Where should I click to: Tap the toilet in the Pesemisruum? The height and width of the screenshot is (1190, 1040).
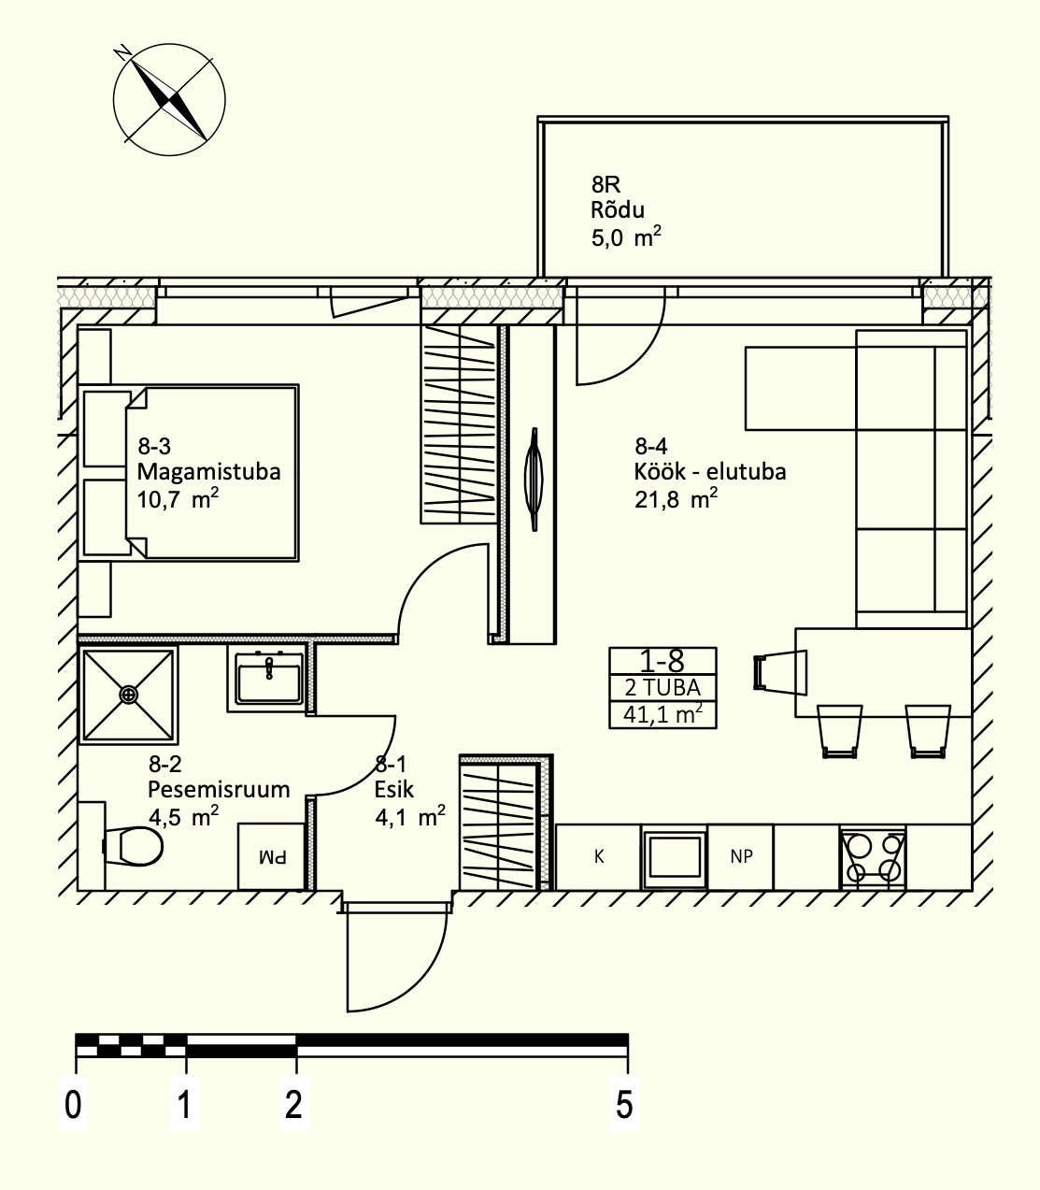tap(133, 846)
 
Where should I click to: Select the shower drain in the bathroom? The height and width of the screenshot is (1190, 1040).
tap(128, 695)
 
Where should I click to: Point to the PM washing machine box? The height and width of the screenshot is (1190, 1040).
tap(272, 856)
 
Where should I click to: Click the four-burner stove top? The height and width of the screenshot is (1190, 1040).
tap(873, 857)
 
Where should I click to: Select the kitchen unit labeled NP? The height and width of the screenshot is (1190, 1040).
tap(741, 856)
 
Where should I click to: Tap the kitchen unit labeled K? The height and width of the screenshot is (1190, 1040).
tap(599, 856)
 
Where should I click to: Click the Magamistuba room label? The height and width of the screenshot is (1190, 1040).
tap(208, 471)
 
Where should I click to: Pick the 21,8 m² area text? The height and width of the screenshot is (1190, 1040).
tap(676, 498)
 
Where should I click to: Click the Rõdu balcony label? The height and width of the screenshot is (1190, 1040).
tap(618, 210)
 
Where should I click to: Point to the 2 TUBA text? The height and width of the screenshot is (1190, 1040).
tap(662, 688)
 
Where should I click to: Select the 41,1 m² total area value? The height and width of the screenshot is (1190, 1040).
tap(662, 713)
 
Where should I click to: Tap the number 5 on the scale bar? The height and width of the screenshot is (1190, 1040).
tap(624, 1105)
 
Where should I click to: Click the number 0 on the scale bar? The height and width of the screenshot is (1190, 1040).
tap(73, 1105)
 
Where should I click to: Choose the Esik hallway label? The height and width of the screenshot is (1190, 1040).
tap(394, 789)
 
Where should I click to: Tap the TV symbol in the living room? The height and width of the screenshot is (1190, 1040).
tap(534, 480)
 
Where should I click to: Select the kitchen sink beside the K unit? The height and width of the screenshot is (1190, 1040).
tap(675, 856)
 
